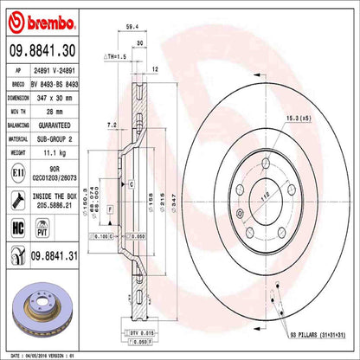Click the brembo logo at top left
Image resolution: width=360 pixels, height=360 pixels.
tap(35, 18)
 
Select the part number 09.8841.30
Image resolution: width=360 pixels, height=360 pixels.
tap(45, 52)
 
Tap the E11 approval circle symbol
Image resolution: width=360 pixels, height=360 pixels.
tap(17, 173)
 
